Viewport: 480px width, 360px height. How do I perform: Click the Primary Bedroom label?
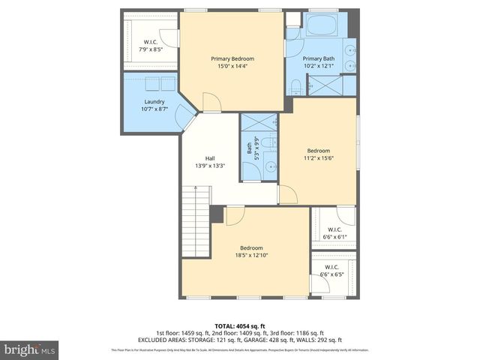point(232,59)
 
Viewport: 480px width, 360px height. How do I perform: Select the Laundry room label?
point(154,102)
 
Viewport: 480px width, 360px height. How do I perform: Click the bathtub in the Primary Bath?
point(323,25)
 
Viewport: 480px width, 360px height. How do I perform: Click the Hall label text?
point(210,158)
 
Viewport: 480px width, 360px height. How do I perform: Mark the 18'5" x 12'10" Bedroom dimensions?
point(251,256)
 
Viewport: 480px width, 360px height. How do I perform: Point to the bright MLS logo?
point(30,349)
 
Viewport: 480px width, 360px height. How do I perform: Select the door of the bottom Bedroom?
point(235,215)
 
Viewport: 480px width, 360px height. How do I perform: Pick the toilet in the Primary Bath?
point(295,88)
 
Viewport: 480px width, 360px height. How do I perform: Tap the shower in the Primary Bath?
point(326,85)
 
